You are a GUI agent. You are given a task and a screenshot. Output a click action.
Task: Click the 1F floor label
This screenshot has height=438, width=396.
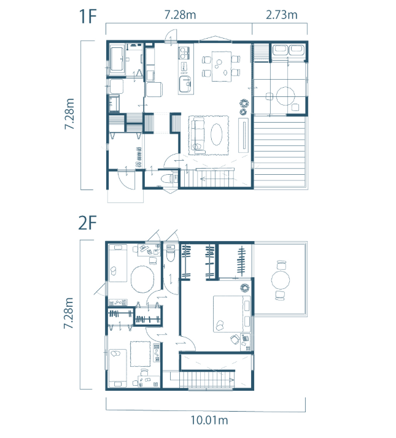coord(88,16)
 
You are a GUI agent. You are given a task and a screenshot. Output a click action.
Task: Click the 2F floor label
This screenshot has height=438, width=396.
coord(87,223)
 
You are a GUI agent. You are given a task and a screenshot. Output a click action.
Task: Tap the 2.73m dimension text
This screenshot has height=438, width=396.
coord(281,15)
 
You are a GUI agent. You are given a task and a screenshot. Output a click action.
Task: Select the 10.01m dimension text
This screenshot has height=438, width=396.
coord(209,420)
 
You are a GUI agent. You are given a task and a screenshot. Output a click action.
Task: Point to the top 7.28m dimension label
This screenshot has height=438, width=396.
coord(180,15)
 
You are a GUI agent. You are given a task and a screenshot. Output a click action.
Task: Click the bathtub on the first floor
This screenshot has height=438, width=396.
coord(117,59)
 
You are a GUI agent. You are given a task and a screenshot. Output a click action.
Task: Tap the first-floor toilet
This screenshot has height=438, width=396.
coord(168,179)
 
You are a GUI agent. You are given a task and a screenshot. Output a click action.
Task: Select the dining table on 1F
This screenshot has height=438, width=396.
coord(222,66)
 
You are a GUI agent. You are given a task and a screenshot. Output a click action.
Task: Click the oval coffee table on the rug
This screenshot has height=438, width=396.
coord(216,135)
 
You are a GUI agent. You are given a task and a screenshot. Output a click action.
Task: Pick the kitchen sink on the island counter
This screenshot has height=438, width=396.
coord(185,83)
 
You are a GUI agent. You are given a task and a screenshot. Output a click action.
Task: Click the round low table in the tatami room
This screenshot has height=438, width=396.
coord(285,96)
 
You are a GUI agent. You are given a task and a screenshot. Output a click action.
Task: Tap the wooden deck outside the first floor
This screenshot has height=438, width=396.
coord(280,152)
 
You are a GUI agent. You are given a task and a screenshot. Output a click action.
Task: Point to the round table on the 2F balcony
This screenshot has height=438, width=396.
coord(280,280)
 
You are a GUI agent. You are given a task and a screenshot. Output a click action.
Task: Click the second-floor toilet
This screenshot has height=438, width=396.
coord(170,253)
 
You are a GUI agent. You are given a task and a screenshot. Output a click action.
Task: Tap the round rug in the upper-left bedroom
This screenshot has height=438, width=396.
coord(142,279)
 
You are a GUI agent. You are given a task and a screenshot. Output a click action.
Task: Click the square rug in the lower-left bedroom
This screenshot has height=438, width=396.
coord(140,353)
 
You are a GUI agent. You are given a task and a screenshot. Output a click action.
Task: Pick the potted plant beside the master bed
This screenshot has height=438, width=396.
coord(245,288)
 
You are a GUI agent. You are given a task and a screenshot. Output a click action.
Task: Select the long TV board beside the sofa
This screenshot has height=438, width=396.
coord(243,135)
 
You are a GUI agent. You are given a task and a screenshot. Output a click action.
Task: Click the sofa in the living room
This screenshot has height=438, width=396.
coord(198,135)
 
